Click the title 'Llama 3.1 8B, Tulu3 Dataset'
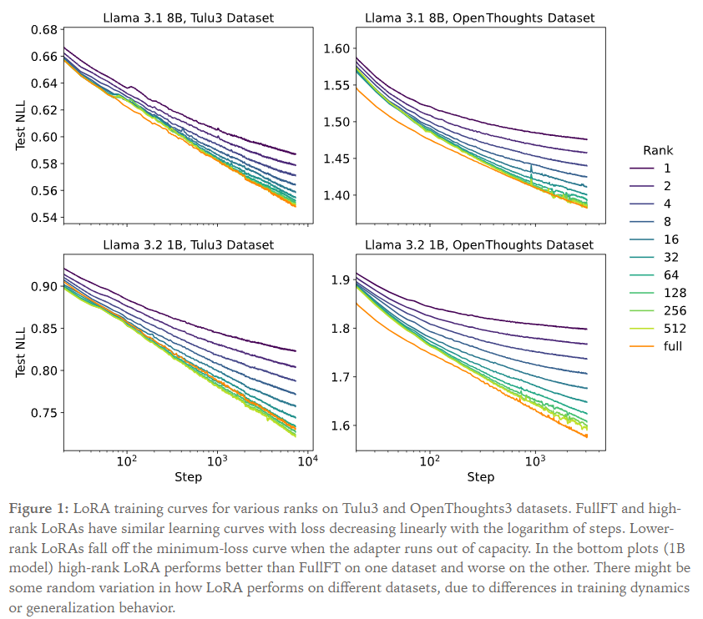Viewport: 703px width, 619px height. pos(188,17)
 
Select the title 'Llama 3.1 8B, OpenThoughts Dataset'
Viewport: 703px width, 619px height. pos(479,17)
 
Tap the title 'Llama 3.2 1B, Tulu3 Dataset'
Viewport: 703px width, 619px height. pos(188,245)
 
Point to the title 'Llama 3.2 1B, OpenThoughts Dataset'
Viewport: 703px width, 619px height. pos(479,245)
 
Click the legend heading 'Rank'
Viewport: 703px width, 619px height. pos(658,151)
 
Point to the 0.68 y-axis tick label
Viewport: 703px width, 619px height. pos(43,30)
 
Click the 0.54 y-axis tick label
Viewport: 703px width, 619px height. pos(43,218)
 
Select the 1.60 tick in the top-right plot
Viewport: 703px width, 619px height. pos(338,49)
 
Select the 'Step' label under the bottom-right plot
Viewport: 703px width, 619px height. pos(480,477)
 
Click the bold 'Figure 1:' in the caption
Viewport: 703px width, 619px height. pos(40,508)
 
